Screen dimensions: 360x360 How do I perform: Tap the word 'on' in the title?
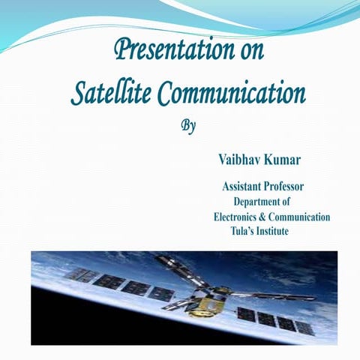pos(248,52)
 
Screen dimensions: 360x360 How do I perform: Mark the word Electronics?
pos(238,217)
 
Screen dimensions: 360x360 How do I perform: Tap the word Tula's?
pos(244,232)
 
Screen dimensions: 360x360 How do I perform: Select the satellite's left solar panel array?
pos(120,285)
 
